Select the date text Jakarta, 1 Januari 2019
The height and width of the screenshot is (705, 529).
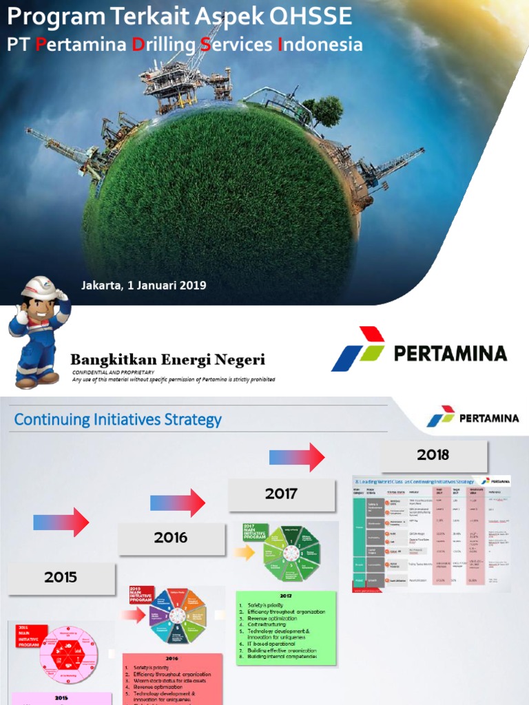click(143, 285)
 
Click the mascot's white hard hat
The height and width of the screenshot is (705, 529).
click(39, 288)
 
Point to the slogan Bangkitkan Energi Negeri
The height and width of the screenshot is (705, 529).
click(167, 359)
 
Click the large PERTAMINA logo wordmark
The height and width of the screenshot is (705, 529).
click(450, 354)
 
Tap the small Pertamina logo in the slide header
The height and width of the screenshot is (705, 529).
click(472, 417)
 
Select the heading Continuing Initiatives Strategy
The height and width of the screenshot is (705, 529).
click(118, 419)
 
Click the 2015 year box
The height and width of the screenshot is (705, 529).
click(61, 578)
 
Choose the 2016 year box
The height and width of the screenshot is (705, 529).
click(171, 538)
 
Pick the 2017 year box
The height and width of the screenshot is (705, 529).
click(281, 494)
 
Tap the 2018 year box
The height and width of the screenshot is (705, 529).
click(433, 454)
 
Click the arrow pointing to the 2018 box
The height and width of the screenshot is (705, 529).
click(297, 457)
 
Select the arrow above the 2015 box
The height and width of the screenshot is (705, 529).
click(61, 523)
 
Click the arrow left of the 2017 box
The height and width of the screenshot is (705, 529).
click(178, 503)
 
